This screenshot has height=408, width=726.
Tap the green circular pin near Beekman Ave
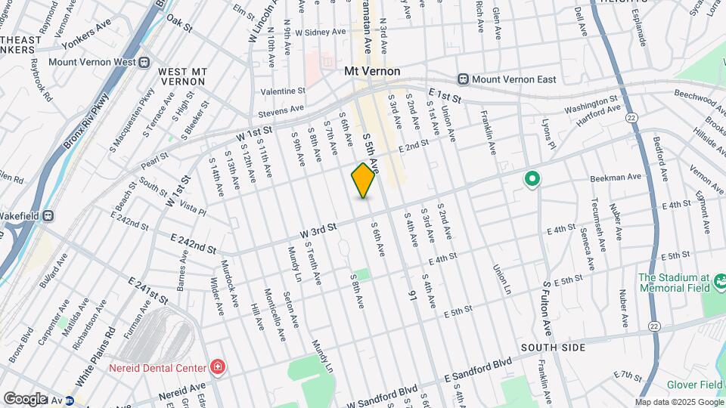coord(532,179)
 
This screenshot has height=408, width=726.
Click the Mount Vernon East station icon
coord(463,79)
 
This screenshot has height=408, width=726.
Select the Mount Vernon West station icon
coord(144,63)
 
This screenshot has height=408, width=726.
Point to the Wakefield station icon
coord(48,215)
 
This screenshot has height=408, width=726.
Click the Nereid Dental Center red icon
coord(218,367)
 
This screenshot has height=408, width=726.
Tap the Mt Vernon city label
coord(371,71)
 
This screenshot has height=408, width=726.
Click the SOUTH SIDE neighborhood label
coord(552,347)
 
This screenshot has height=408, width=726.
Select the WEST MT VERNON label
coord(182,77)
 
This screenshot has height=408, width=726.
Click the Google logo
coord(25,398)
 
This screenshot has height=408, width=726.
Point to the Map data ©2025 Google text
coord(679,402)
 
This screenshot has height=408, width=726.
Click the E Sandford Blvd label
coord(477,369)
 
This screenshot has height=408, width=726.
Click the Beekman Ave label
coord(616,178)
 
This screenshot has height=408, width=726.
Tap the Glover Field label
coord(695,385)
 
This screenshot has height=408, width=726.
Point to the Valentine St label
coord(282,91)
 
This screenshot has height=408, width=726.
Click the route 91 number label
coord(413,292)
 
